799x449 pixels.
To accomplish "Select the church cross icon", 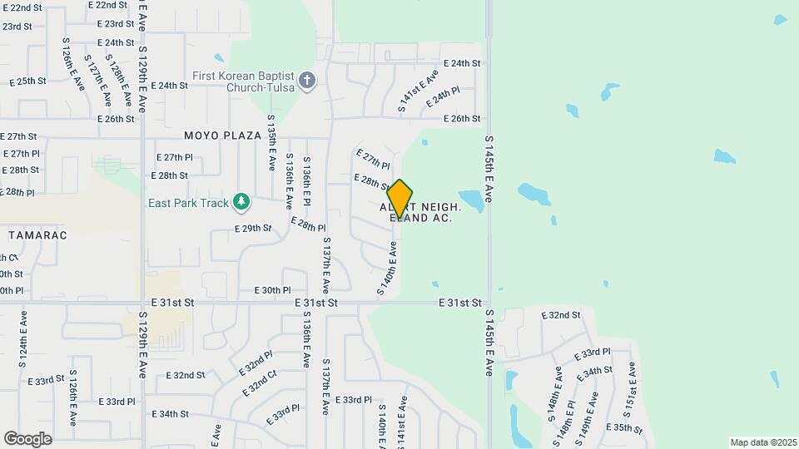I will pos(307,81).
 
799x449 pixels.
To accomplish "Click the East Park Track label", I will pos(188,203).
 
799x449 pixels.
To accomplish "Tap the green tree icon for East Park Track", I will pos(241,200).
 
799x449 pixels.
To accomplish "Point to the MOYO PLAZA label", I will pos(223,135).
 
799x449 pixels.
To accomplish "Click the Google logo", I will pos(27,438).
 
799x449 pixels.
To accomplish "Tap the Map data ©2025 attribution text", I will pos(762,442).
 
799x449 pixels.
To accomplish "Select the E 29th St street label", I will pos(253,228).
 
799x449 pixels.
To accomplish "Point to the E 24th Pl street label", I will pos(443,98).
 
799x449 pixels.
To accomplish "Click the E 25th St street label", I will pos(27,81).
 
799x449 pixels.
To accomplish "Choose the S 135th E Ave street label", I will pos(271,150).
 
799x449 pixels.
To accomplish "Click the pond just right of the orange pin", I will pos(470,200).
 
